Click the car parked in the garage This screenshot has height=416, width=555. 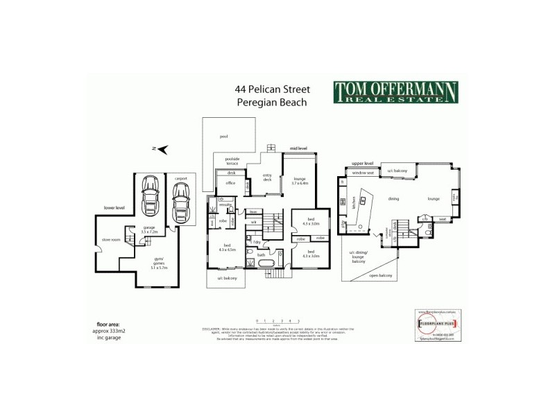click(x=149, y=197)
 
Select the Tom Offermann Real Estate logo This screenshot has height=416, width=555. click(x=396, y=92)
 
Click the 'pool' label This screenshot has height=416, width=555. click(x=223, y=137)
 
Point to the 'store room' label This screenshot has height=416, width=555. click(x=111, y=240)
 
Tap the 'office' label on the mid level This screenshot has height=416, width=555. click(x=231, y=183)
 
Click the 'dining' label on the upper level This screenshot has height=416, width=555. click(x=393, y=199)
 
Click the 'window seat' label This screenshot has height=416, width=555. click(x=364, y=172)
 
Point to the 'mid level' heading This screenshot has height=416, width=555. click(x=298, y=148)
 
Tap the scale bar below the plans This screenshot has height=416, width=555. click(x=277, y=320)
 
